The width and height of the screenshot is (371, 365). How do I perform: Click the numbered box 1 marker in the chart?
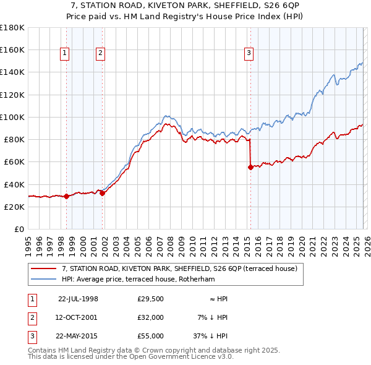coord(65,54)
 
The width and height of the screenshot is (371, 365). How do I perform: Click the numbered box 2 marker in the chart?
coord(100,54)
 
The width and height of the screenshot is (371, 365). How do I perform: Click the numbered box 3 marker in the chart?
coord(249,54)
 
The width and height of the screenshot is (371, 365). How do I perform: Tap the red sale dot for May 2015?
coord(250,167)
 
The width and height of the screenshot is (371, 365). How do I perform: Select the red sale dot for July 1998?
coord(67,196)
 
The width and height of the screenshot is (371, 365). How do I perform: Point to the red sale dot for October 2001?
coord(102,193)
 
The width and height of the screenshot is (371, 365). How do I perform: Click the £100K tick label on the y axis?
coord(12,117)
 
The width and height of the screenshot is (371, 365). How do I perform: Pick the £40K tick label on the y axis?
coord(14,184)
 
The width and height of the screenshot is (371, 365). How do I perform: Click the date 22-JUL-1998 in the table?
coord(78,299)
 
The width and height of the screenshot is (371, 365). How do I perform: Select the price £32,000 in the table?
coord(151,317)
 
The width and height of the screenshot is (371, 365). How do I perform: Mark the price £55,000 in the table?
coord(151,336)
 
